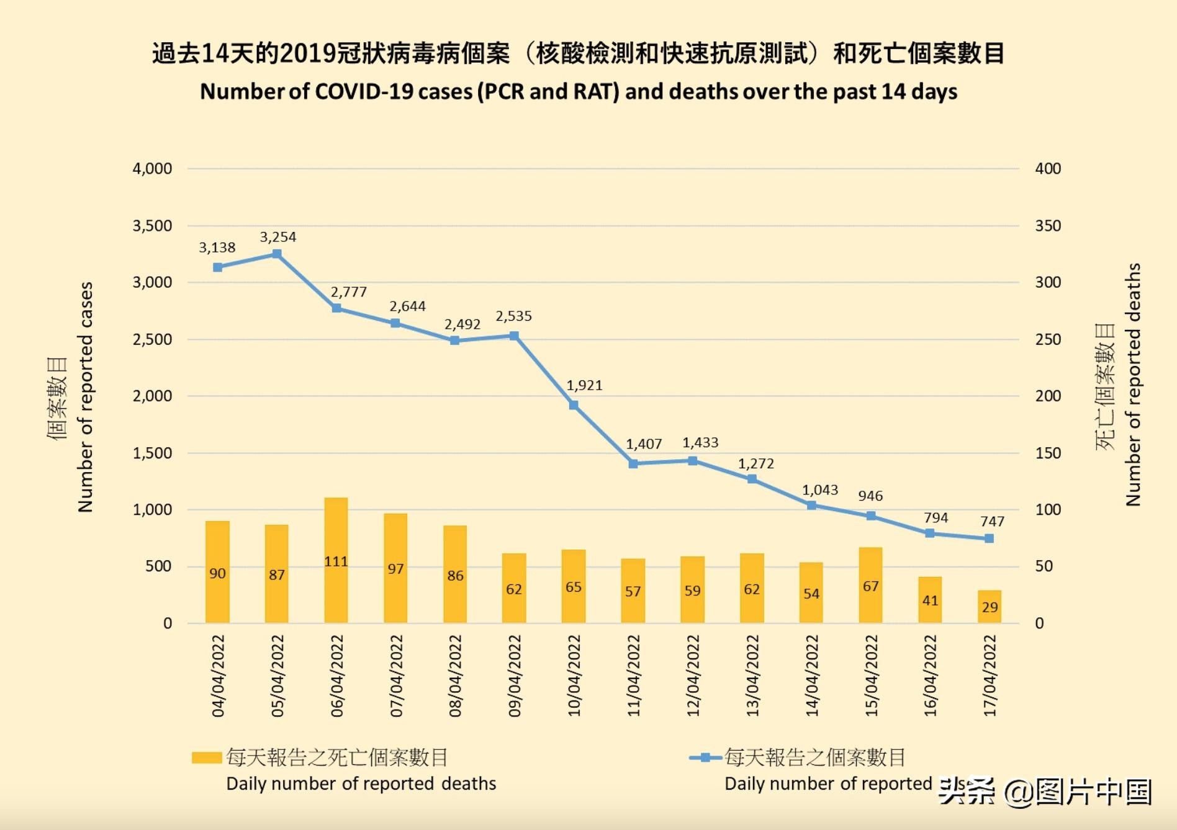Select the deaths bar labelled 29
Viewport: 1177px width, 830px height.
click(x=990, y=606)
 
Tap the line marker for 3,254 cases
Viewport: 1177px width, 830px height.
click(x=277, y=254)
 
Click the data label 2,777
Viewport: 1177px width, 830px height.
click(x=348, y=292)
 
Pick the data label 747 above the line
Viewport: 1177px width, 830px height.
click(x=992, y=521)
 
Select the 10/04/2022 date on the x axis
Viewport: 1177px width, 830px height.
click(x=574, y=675)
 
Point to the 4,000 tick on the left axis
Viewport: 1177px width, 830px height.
click(x=152, y=169)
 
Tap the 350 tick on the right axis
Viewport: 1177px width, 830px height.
click(x=1047, y=226)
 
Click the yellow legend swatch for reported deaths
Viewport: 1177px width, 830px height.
click(x=207, y=757)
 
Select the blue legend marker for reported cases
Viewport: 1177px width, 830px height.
click(x=705, y=757)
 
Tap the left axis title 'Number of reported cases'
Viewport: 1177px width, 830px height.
click(x=85, y=397)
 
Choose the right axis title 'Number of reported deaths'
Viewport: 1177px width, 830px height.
click(x=1133, y=385)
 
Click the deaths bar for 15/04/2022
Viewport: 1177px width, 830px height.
click(x=870, y=584)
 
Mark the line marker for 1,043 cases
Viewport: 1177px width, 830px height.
click(x=811, y=505)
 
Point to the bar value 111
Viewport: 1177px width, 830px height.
click(x=336, y=561)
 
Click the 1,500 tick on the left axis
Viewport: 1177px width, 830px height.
click(x=152, y=453)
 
